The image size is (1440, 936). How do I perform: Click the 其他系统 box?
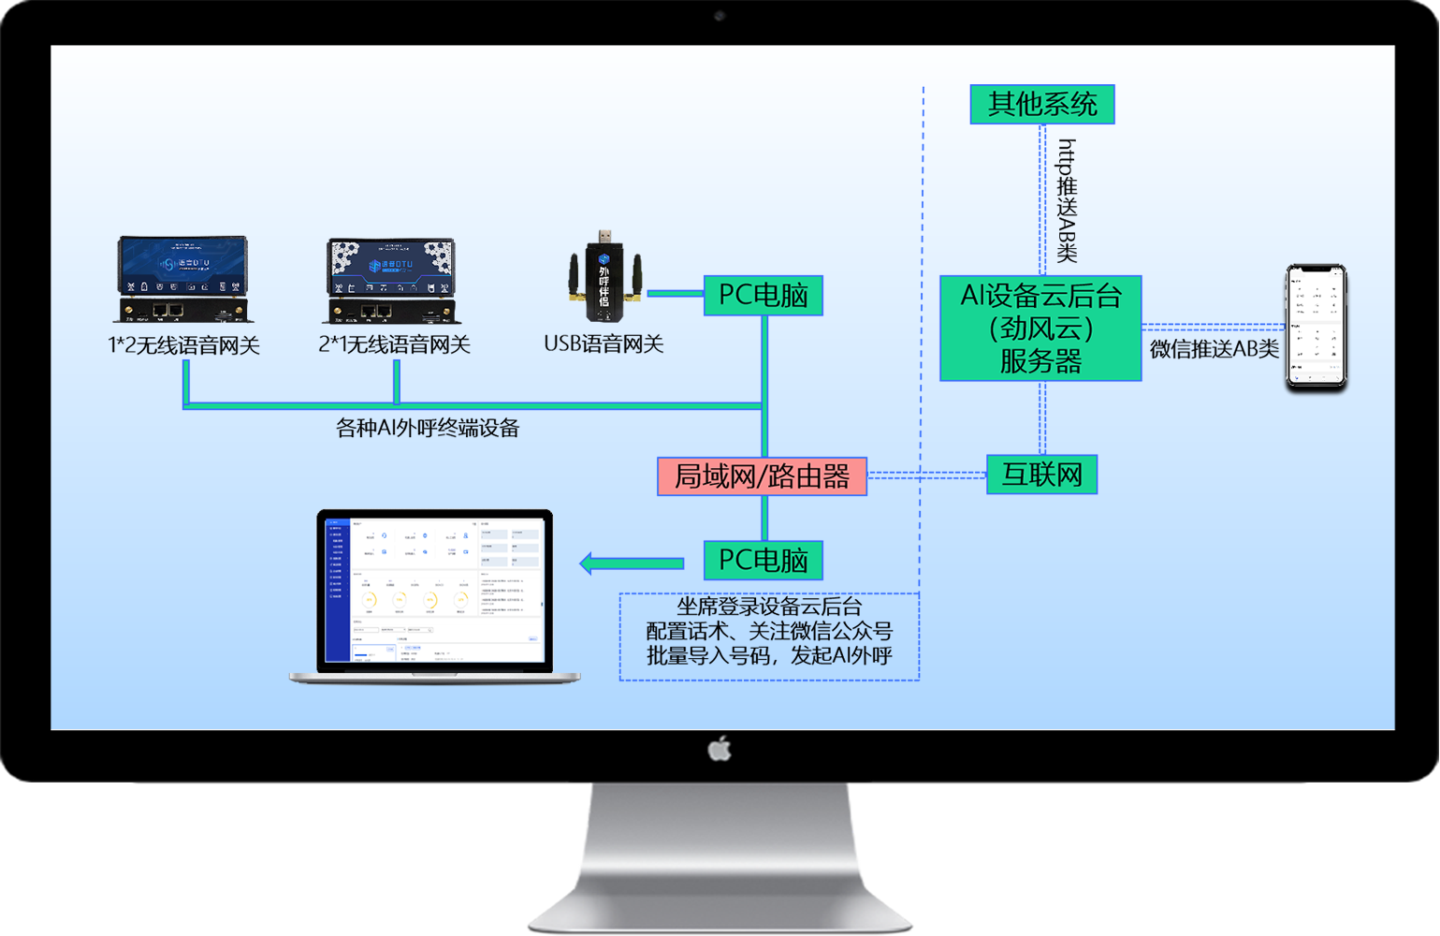[x=1042, y=104]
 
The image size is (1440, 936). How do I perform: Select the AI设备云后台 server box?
[x=1040, y=329]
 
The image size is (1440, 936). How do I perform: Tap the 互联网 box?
[x=1041, y=475]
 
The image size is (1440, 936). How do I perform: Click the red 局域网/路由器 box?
[x=762, y=476]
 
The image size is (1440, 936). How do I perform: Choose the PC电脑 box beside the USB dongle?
[x=763, y=296]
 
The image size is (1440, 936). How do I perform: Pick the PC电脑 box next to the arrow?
[x=763, y=561]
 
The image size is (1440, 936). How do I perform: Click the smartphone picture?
[x=1316, y=327]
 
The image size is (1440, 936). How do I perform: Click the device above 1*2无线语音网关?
[x=183, y=279]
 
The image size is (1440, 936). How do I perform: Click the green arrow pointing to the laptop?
[x=632, y=563]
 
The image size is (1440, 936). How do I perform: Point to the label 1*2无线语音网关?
[x=183, y=345]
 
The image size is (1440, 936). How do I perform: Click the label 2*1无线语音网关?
[x=394, y=344]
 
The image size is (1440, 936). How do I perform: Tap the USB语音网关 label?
[x=604, y=344]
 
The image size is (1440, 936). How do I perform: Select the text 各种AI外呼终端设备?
[x=428, y=428]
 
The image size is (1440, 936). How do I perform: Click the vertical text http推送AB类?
[x=1068, y=200]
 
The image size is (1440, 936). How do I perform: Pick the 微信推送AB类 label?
[x=1214, y=349]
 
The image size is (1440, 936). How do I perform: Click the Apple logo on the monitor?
[x=720, y=749]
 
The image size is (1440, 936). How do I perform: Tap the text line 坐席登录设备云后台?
[x=769, y=607]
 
